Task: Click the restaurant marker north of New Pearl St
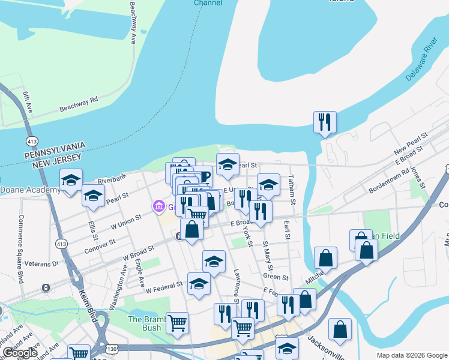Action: [x=325, y=122]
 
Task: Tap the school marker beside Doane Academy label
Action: [x=71, y=180]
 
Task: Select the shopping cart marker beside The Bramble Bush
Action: [x=177, y=323]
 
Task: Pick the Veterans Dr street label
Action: [x=43, y=263]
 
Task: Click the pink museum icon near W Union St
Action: [x=159, y=207]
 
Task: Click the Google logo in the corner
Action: [x=20, y=353]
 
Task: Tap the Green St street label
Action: [x=276, y=277]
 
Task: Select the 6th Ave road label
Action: [x=27, y=102]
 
